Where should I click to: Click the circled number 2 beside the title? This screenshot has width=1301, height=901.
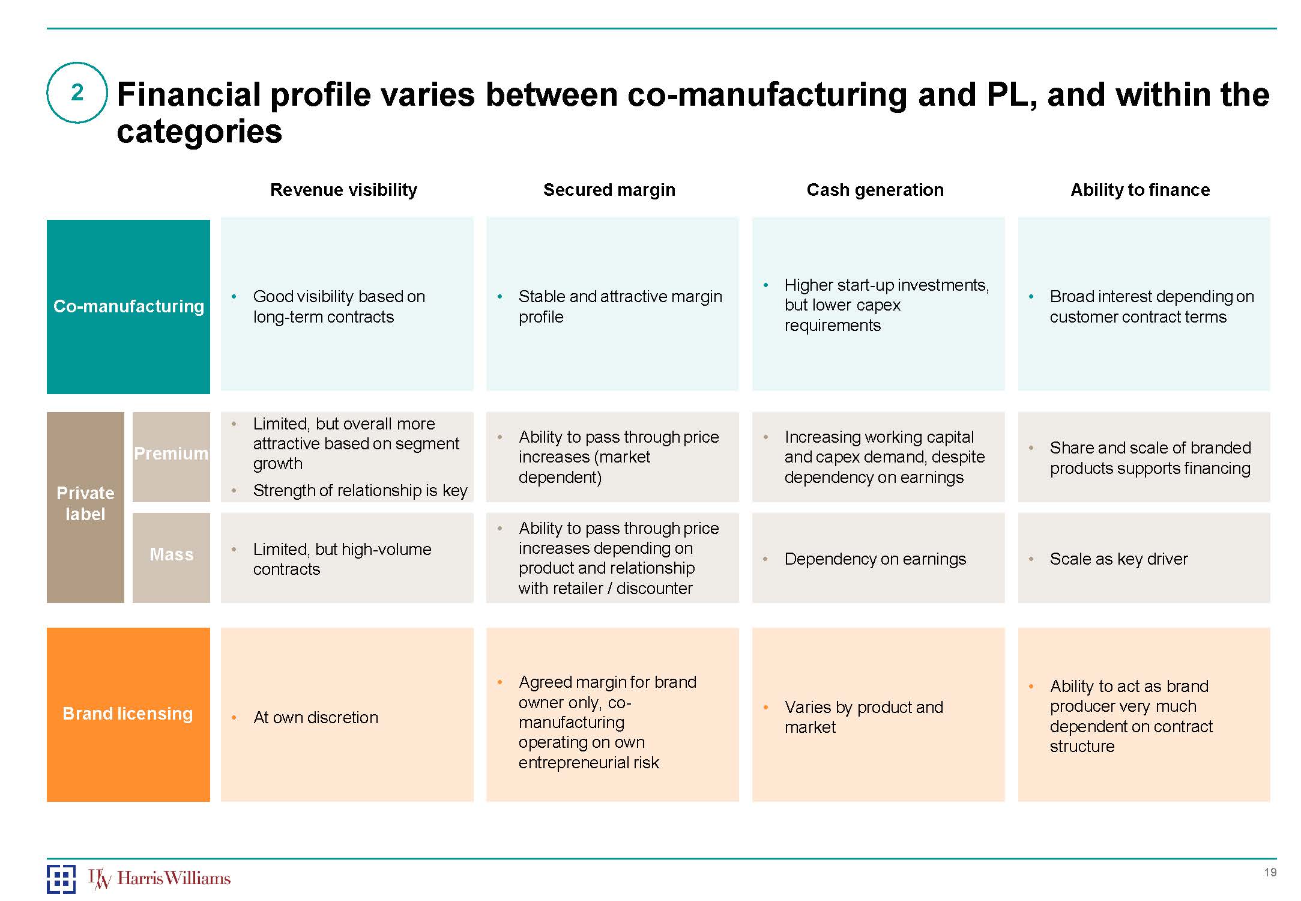pyautogui.click(x=77, y=93)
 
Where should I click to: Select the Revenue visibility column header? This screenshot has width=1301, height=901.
pyautogui.click(x=343, y=190)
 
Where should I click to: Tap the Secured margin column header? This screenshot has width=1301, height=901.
pyautogui.click(x=609, y=190)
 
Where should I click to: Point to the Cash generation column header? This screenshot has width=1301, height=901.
pyautogui.click(x=875, y=190)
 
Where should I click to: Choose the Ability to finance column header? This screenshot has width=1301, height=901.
pyautogui.click(x=1140, y=190)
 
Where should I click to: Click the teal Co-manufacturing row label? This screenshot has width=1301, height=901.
pyautogui.click(x=128, y=306)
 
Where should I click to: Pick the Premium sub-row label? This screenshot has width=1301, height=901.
pyautogui.click(x=171, y=454)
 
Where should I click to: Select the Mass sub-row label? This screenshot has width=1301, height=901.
pyautogui.click(x=171, y=554)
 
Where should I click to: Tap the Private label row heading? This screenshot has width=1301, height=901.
pyautogui.click(x=85, y=503)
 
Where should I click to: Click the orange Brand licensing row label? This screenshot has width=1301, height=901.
pyautogui.click(x=128, y=714)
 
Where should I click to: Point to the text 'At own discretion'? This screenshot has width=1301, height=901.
pyautogui.click(x=316, y=718)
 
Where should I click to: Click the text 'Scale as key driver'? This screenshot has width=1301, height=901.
pyautogui.click(x=1118, y=559)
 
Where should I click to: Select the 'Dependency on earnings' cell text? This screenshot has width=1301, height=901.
pyautogui.click(x=875, y=559)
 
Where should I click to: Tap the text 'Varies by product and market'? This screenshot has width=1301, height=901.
pyautogui.click(x=863, y=717)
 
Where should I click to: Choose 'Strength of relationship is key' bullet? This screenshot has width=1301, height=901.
pyautogui.click(x=360, y=491)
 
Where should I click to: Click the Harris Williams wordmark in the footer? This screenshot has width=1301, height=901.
pyautogui.click(x=174, y=878)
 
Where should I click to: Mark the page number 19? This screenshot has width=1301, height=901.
pyautogui.click(x=1270, y=873)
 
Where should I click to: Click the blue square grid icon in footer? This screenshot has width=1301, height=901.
pyautogui.click(x=61, y=879)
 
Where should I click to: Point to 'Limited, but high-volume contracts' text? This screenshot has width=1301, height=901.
pyautogui.click(x=342, y=559)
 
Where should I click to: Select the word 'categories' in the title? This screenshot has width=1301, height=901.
pyautogui.click(x=199, y=132)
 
